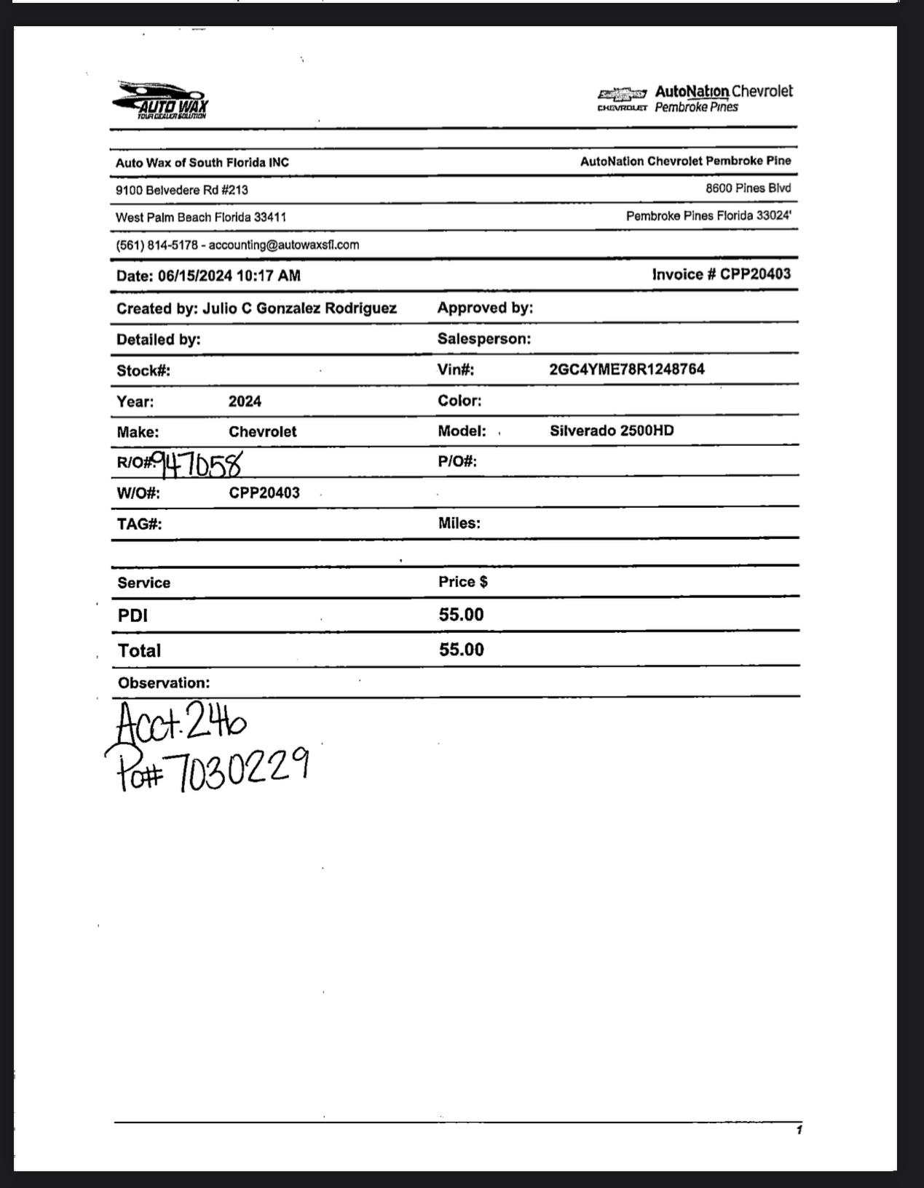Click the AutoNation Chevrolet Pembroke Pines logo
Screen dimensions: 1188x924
tap(695, 99)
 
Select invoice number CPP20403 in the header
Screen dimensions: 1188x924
tap(755, 274)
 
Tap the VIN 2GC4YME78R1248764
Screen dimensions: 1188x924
tap(627, 369)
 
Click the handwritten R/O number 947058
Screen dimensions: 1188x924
tap(200, 463)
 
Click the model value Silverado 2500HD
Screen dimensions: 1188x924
tap(612, 431)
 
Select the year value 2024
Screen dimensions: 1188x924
tap(245, 402)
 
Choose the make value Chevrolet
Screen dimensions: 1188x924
tap(262, 431)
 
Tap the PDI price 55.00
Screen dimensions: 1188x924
tap(461, 615)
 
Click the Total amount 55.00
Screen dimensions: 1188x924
tap(461, 650)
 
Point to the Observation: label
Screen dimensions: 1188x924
tap(164, 683)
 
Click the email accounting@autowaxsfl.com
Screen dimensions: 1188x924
tap(284, 245)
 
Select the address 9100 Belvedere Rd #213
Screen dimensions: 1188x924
tap(182, 190)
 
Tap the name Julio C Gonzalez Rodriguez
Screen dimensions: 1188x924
tap(299, 308)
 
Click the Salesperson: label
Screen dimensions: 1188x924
tap(484, 339)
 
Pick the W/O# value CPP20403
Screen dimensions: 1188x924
tap(264, 493)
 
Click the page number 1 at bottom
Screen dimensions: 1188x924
tap(799, 1130)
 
